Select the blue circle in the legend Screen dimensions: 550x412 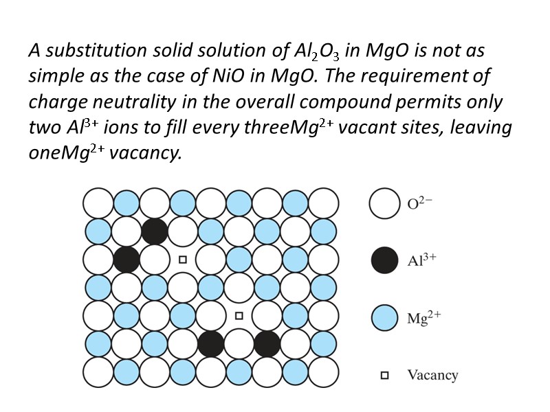click(384, 317)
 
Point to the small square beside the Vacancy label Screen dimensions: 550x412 click(385, 376)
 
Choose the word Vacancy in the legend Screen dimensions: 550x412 click(432, 375)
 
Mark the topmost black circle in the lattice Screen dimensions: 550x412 click(155, 231)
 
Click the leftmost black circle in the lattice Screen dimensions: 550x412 click(126, 260)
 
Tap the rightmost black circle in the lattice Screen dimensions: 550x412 click(267, 343)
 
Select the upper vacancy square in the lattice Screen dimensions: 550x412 click(183, 260)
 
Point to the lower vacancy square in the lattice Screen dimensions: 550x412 click(239, 316)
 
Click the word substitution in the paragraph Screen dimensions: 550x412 click(82, 51)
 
